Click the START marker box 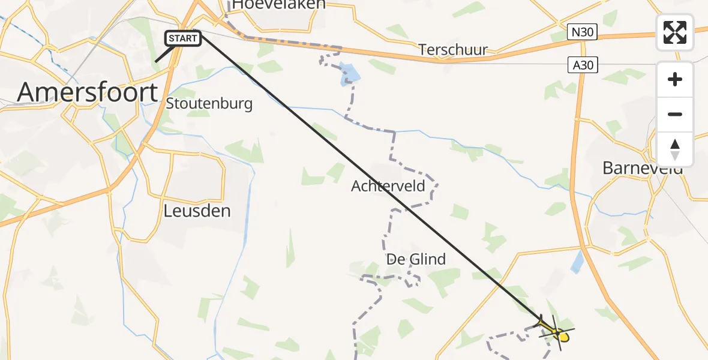[183, 38]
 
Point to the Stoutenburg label [209, 103]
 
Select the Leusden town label [197, 211]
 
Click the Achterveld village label [388, 186]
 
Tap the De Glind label [416, 259]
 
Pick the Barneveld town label [643, 168]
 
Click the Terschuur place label [453, 49]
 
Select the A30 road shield [583, 65]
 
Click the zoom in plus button [675, 79]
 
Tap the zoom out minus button [675, 114]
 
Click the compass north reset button [675, 149]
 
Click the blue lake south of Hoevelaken [350, 74]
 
